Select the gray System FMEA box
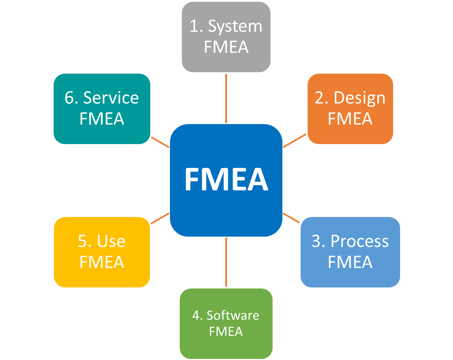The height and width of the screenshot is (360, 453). point(226,37)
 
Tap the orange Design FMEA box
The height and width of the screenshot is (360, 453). point(350,109)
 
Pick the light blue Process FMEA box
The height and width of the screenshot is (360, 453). point(350,252)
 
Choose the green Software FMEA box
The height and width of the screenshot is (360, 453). point(226,323)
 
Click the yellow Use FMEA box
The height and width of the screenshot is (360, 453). point(102,252)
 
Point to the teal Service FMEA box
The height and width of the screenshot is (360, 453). point(102,109)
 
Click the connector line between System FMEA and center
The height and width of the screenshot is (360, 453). point(226,98)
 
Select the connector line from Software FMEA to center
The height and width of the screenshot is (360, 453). point(226,262)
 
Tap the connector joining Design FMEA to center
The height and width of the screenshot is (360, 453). point(295,141)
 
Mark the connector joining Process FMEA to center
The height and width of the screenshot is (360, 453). point(291,218)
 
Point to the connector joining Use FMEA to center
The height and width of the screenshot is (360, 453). point(160,218)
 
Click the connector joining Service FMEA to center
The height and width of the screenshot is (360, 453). point(160,142)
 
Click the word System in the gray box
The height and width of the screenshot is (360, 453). point(235,27)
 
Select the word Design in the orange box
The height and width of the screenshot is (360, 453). point(359,98)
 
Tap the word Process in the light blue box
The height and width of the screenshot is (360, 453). point(359,242)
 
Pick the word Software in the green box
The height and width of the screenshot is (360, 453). point(233,315)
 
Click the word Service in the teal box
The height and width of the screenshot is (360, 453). point(111,98)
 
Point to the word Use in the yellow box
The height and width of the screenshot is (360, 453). point(111,242)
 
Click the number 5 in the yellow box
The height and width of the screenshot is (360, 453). point(82,242)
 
